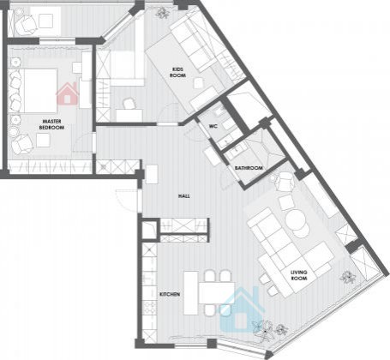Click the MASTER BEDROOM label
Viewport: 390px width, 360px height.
click(x=51, y=124)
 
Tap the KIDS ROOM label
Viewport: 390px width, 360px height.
click(x=177, y=72)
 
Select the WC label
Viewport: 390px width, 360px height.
click(x=213, y=126)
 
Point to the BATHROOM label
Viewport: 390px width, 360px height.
click(x=249, y=168)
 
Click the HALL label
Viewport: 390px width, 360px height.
click(x=184, y=196)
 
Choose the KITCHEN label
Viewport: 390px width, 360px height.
click(x=170, y=294)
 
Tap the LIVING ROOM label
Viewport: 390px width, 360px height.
click(x=299, y=275)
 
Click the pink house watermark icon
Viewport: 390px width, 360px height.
click(x=68, y=93)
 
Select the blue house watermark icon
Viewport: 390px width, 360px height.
click(x=242, y=309)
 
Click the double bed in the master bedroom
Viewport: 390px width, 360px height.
click(x=33, y=91)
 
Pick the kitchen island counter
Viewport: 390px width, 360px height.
click(x=191, y=293)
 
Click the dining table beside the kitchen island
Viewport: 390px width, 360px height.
click(x=217, y=293)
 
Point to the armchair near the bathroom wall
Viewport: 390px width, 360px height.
click(x=284, y=182)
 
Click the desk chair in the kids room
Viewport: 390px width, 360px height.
click(x=129, y=104)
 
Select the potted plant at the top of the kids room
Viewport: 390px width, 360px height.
click(x=162, y=13)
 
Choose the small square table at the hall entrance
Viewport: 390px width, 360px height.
click(x=152, y=174)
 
